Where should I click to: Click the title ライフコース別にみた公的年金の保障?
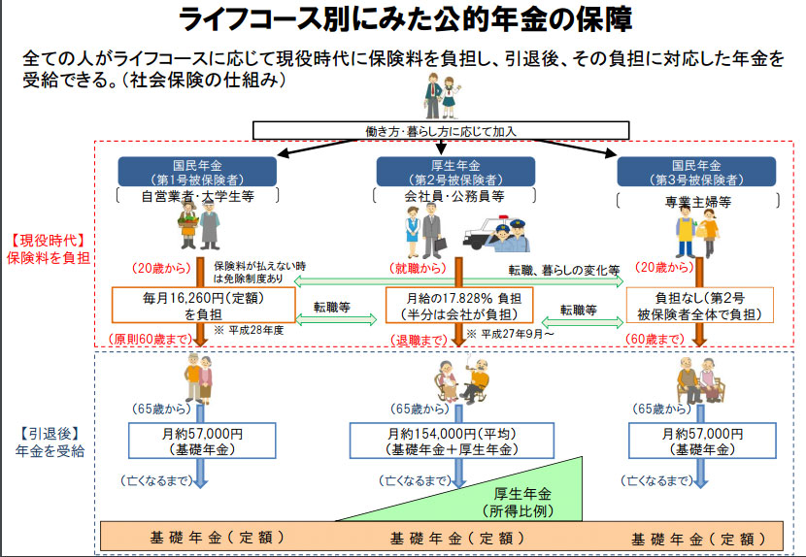tap(402, 20)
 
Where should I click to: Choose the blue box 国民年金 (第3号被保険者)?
tap(696, 172)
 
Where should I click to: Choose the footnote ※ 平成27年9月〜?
tap(509, 333)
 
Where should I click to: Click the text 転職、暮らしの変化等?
tap(563, 269)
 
